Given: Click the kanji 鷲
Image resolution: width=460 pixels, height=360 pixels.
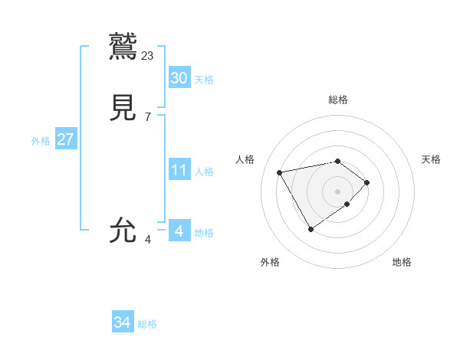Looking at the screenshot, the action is [x=124, y=44].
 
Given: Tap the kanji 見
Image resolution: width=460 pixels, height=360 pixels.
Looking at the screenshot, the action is [x=124, y=108].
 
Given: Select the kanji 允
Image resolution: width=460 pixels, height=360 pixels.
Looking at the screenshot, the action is [x=124, y=230].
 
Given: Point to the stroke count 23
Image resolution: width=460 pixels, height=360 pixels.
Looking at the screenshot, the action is [x=148, y=55].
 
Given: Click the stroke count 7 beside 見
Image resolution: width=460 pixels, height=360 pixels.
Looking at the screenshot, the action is [x=147, y=117].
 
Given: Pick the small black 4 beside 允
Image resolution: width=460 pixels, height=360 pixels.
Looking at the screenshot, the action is [x=147, y=240].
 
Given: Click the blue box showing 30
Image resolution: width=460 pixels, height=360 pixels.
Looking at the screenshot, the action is [x=179, y=78].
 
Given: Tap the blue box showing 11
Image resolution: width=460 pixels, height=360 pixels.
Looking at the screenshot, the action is [x=179, y=170].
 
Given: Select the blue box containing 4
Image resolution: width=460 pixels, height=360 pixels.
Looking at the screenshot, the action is [x=179, y=231].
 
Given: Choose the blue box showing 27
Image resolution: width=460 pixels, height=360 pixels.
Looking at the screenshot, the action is [x=65, y=139].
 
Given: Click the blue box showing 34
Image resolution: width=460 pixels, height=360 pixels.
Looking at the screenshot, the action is [x=122, y=323].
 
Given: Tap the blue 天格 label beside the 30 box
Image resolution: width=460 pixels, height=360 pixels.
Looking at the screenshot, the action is [x=204, y=80].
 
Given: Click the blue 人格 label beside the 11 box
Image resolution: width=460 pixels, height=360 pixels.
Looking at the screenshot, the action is [x=204, y=172].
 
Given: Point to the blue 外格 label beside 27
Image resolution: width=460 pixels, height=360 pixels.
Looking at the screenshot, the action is [x=41, y=141].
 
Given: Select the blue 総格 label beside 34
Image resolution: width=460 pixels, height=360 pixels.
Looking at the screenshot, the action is [x=147, y=325].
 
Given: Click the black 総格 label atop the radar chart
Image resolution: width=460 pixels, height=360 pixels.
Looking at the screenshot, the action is [x=338, y=100].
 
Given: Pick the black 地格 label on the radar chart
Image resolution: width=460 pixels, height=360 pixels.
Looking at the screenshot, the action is [x=402, y=262].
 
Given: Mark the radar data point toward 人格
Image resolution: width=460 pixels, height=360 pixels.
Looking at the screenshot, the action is [x=280, y=172].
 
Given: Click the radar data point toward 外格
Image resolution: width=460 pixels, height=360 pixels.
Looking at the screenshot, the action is [x=310, y=229].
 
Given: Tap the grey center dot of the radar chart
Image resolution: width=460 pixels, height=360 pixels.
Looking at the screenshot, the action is [x=338, y=191].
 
